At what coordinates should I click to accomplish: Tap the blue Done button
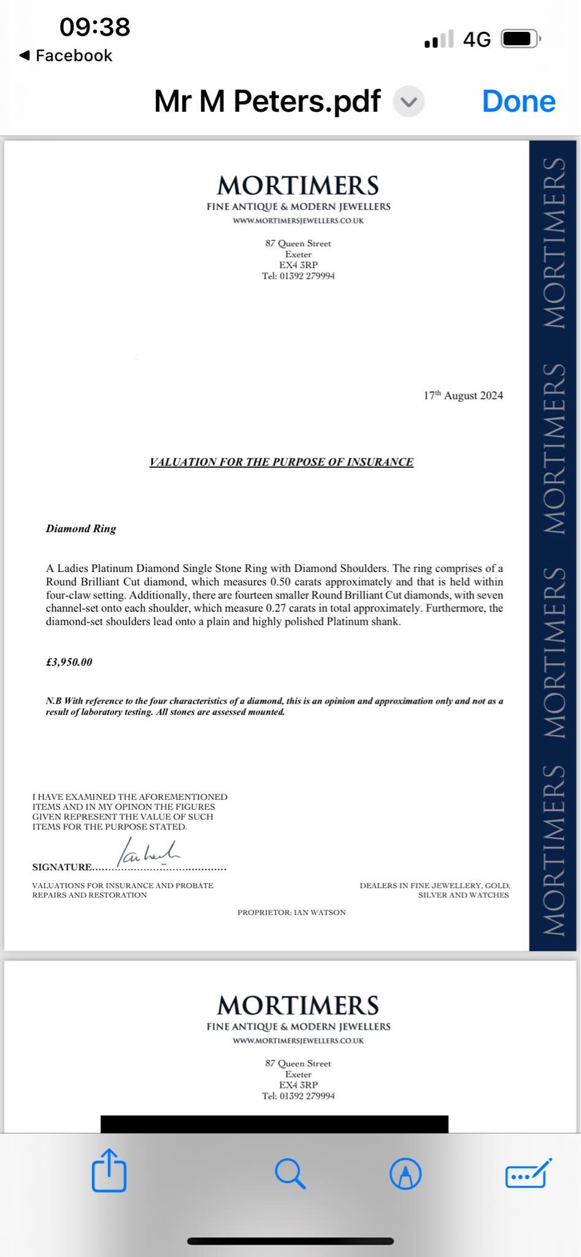tap(518, 101)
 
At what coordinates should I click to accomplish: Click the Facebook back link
tap(66, 56)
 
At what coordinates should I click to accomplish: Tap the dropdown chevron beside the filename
tap(409, 102)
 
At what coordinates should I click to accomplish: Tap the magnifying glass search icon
tap(290, 1174)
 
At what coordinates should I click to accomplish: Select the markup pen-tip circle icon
tap(406, 1174)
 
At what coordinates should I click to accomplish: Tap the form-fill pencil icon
tap(528, 1174)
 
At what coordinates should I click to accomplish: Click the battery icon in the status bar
tap(520, 39)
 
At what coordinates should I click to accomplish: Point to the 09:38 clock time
tap(95, 27)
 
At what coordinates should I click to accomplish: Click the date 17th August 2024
tap(463, 395)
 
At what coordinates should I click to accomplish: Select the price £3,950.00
tap(69, 662)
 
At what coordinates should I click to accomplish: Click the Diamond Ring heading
tap(81, 528)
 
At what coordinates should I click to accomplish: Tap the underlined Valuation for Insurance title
tap(282, 462)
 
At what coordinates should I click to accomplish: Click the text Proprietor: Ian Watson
tap(291, 913)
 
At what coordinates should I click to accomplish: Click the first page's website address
tap(298, 221)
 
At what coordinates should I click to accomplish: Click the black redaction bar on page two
tap(274, 1124)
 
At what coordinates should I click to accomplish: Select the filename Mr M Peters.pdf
tap(267, 101)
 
